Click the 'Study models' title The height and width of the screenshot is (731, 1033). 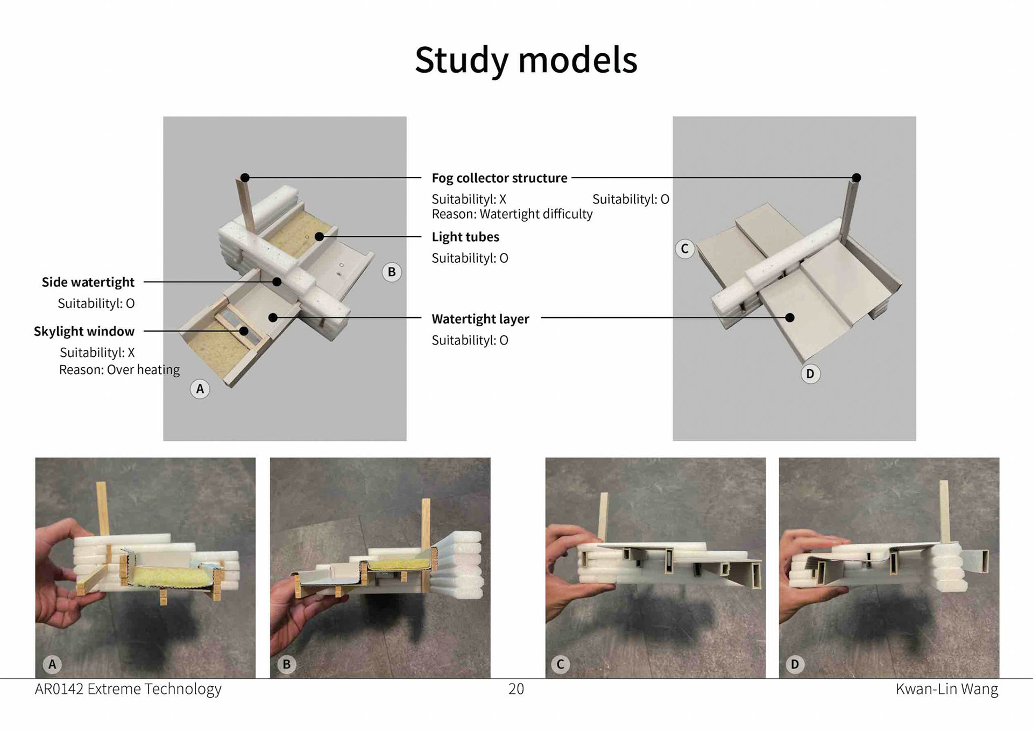click(526, 60)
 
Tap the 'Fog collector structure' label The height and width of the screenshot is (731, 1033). click(499, 178)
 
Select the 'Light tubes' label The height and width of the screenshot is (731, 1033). click(465, 237)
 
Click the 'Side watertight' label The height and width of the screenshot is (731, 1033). click(88, 282)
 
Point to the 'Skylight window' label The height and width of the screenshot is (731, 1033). click(84, 331)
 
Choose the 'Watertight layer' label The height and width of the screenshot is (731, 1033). click(480, 319)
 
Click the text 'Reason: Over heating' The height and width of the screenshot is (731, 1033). click(119, 370)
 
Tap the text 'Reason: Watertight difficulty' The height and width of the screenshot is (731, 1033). click(512, 214)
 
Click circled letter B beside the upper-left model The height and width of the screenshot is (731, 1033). click(392, 272)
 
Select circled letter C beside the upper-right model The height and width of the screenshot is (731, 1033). click(684, 249)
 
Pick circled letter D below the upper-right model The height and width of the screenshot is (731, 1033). click(810, 374)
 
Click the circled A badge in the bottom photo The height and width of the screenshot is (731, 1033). click(52, 664)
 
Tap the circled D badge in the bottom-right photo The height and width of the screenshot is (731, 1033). click(795, 664)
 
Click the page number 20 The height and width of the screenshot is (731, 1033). click(516, 689)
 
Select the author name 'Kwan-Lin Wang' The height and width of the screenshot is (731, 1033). click(946, 689)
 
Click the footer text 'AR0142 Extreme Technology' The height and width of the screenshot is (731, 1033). click(128, 689)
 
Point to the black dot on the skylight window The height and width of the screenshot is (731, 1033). click(244, 331)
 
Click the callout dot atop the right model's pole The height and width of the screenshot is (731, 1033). click(857, 178)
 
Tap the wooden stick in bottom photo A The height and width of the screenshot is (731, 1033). click(102, 509)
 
